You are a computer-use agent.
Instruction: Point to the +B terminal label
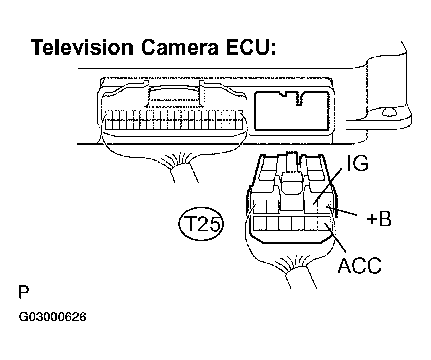coord(379,219)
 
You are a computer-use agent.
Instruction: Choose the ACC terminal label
coord(359,265)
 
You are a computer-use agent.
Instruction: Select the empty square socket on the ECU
coord(291,112)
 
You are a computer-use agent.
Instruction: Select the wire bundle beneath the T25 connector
coord(297,278)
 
